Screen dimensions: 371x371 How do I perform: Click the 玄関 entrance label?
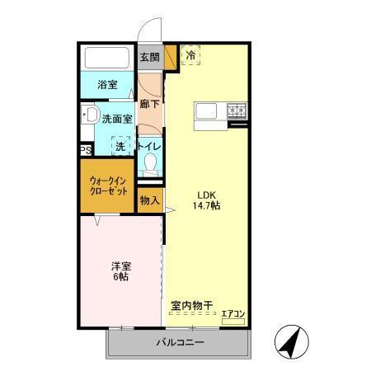point(149,58)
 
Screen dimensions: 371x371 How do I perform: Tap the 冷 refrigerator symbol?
point(191,57)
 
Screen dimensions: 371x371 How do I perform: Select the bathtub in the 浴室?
point(108,59)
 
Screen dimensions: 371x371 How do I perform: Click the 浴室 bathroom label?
point(108,84)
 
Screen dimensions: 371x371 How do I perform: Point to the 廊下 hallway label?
point(149,104)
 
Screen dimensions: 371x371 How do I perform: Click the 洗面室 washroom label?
point(117,119)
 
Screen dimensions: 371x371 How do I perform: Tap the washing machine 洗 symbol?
point(120,145)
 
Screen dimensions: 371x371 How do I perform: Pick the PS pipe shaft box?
point(86,150)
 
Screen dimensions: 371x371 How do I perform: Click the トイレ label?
point(149,146)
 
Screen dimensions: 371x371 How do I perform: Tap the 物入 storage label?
point(149,200)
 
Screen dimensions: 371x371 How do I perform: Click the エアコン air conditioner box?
point(233,314)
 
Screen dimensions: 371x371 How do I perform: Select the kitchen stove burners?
point(236,109)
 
